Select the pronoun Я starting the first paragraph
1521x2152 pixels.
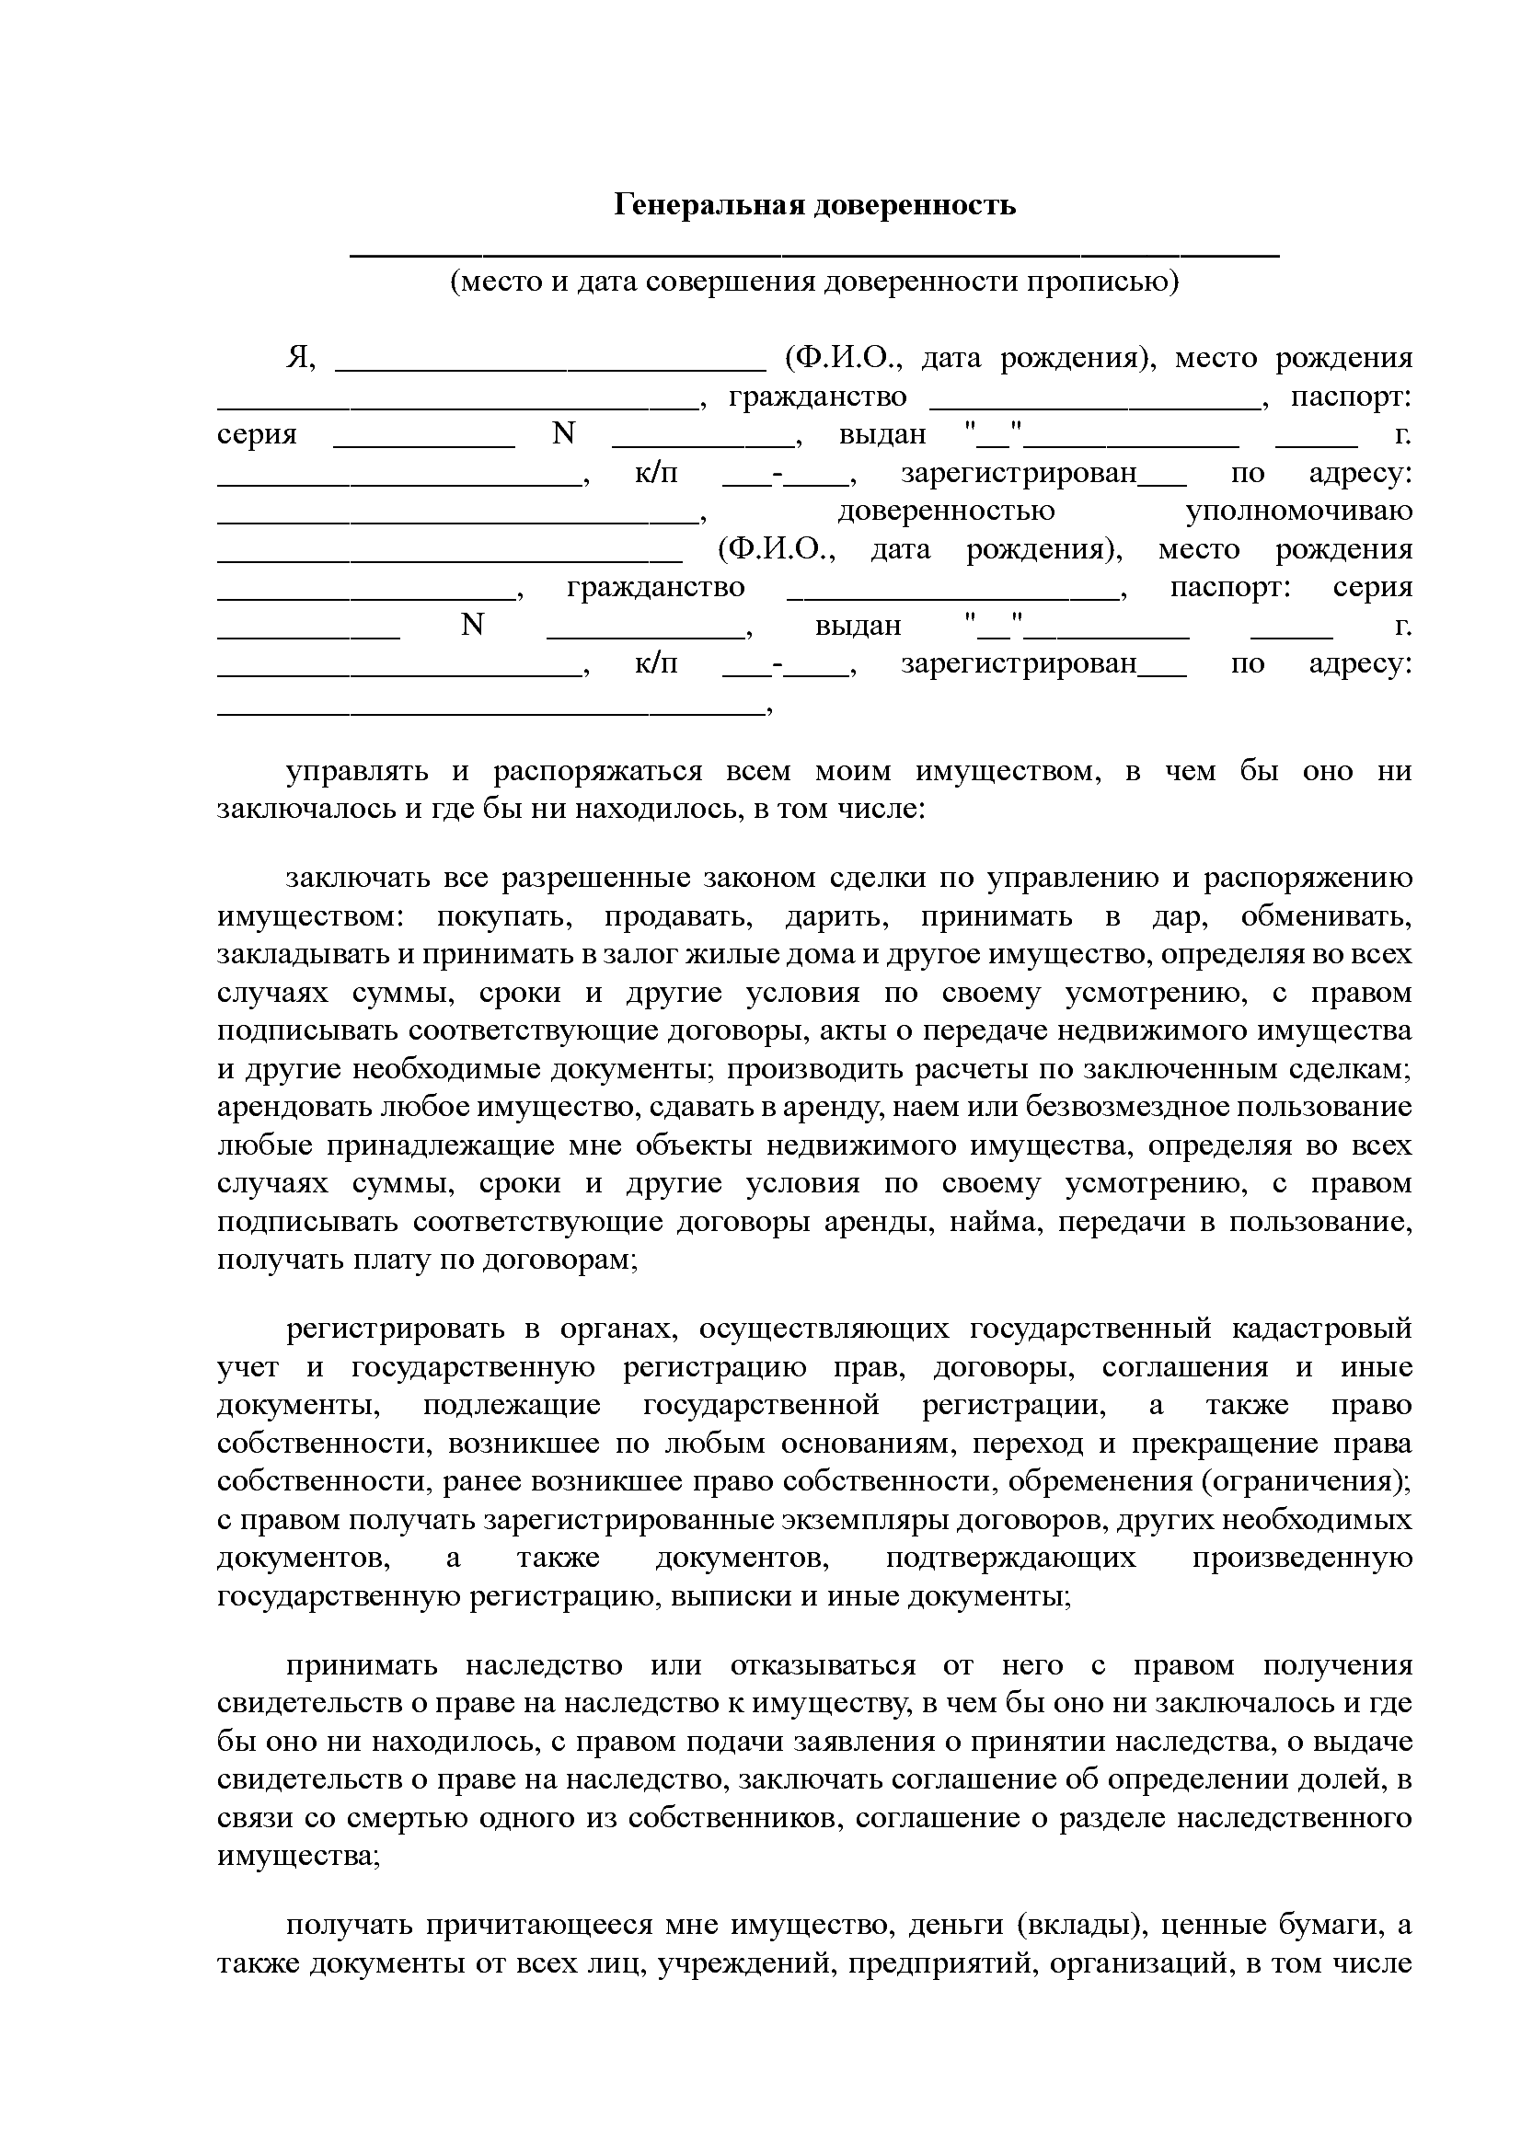click(298, 358)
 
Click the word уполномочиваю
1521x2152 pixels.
click(1298, 512)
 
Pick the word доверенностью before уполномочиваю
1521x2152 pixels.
click(946, 512)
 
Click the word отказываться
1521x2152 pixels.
click(822, 1665)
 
